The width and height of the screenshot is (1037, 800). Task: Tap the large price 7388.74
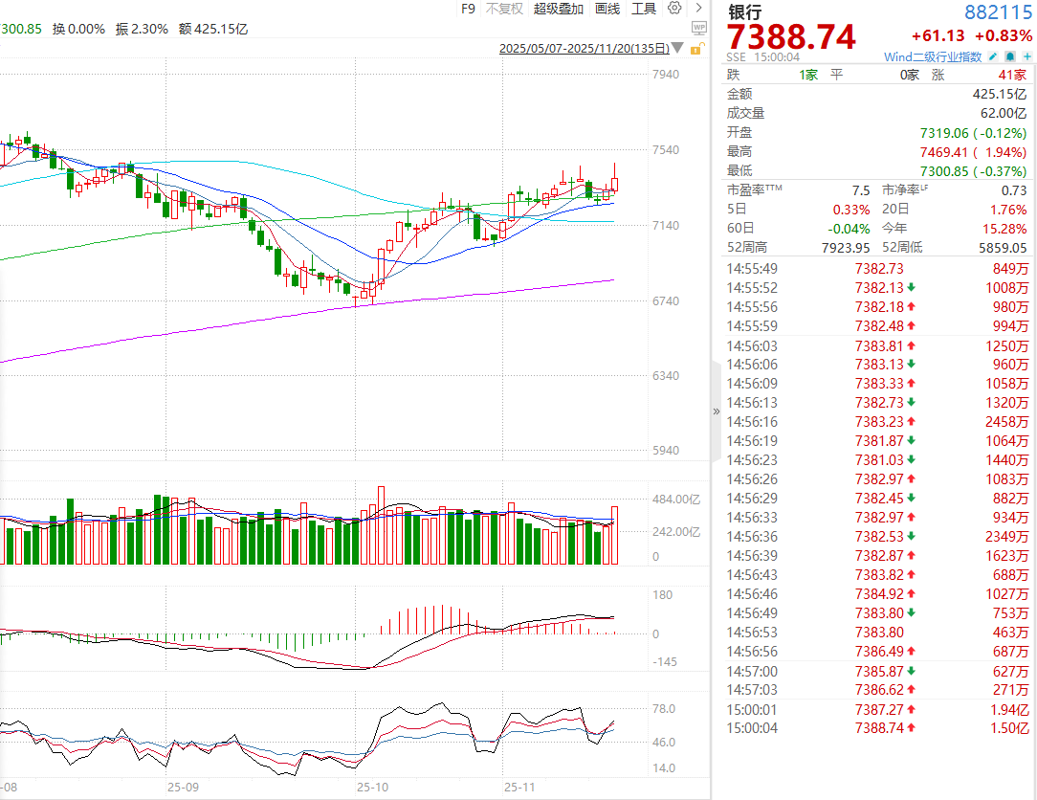click(x=791, y=37)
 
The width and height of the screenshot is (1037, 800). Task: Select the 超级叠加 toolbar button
click(x=558, y=9)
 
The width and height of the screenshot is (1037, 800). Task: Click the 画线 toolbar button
click(x=607, y=9)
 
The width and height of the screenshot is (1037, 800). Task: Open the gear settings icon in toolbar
click(x=674, y=9)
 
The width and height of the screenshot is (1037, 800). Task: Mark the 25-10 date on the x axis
click(x=372, y=787)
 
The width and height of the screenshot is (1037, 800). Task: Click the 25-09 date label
click(x=183, y=787)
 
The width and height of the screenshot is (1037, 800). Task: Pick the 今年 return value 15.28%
click(x=1004, y=229)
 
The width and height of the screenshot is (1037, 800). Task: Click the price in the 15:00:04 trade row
click(x=879, y=728)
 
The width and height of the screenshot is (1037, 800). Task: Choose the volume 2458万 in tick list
click(x=1007, y=422)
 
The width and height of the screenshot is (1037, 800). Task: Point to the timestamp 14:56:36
click(x=752, y=537)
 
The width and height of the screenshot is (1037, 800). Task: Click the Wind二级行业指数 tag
click(x=933, y=57)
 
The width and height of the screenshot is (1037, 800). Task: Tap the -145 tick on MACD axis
click(x=665, y=662)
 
